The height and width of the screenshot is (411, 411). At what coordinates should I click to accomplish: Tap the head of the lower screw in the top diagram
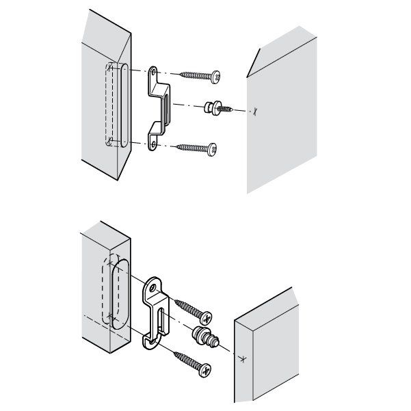pyautogui.click(x=214, y=147)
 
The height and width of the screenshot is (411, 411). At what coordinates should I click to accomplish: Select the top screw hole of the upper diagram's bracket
pyautogui.click(x=153, y=70)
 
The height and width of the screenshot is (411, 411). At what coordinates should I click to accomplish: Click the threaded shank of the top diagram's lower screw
pyautogui.click(x=191, y=146)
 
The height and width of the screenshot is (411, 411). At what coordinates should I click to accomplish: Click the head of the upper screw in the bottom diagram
pyautogui.click(x=204, y=317)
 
